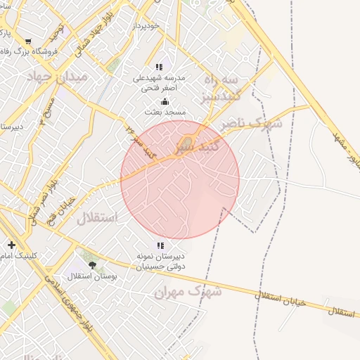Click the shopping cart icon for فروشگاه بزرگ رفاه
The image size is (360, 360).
pos(27,41)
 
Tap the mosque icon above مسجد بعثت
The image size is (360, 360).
pos(165,101)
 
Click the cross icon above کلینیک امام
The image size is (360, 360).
pos(11,245)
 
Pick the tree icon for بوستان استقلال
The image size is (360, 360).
pos(93,265)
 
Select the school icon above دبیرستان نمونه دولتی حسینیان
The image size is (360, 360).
pos(160,245)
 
